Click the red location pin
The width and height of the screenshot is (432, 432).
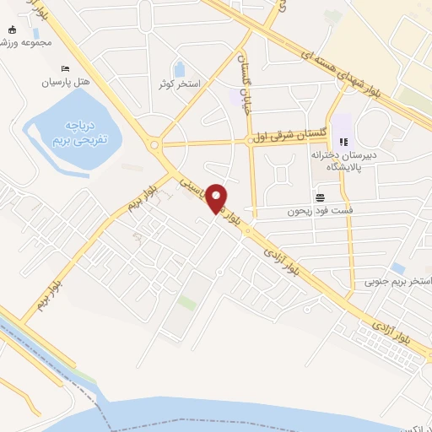(218, 197)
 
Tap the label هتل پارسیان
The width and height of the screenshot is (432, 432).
(64, 84)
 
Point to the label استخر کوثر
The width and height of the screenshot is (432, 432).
(178, 84)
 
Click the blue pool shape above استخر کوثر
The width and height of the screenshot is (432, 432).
(179, 69)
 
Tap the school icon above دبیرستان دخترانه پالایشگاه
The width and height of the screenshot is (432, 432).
(343, 142)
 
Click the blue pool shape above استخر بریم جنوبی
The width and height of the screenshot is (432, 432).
(397, 268)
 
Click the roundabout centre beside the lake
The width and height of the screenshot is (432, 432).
(154, 144)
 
